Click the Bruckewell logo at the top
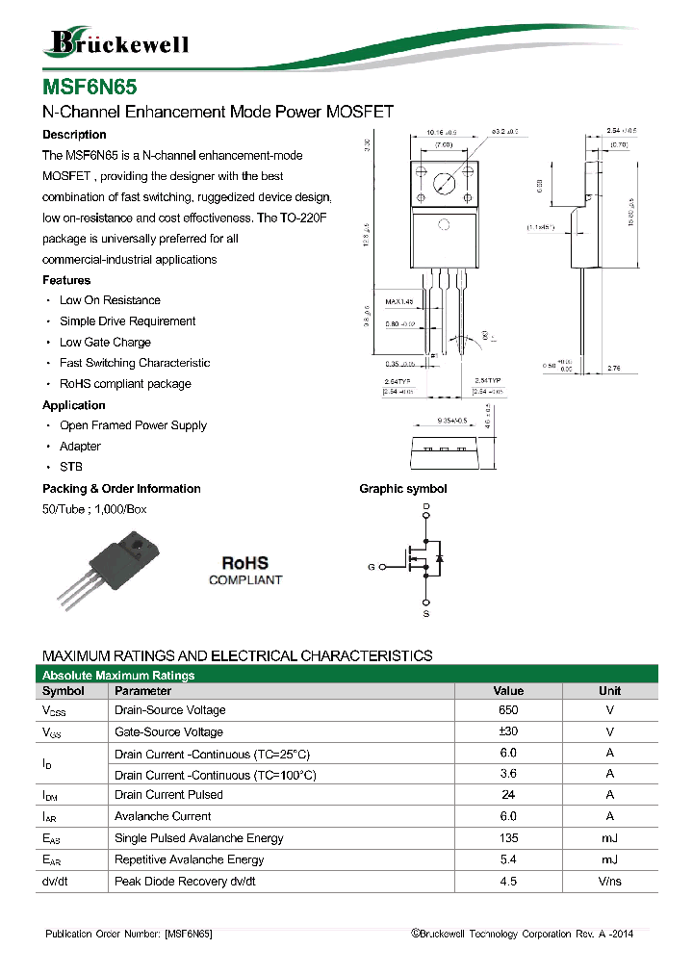click(115, 43)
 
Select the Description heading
click(74, 135)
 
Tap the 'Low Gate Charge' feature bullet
click(105, 343)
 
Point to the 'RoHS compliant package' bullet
click(125, 384)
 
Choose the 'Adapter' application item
click(80, 447)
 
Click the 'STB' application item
click(71, 467)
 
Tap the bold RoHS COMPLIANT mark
click(245, 570)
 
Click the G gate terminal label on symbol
click(372, 567)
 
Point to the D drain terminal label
click(426, 506)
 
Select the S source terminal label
click(426, 613)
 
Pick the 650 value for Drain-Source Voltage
click(508, 710)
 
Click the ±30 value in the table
click(508, 731)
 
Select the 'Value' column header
click(508, 691)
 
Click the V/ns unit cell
click(609, 882)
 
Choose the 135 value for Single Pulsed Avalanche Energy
click(508, 838)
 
